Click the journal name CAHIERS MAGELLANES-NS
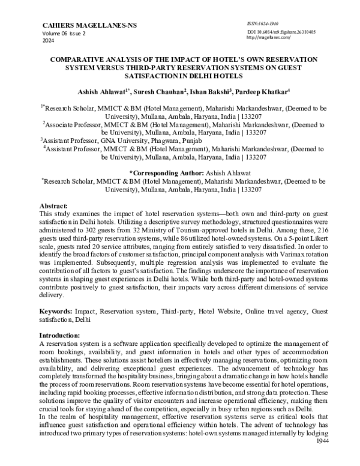81,25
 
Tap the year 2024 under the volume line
49,41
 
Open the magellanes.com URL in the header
268,37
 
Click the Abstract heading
53,205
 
